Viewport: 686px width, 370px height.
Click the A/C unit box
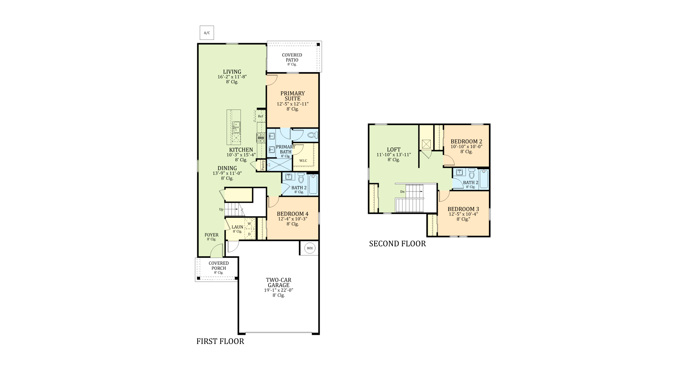pos(207,33)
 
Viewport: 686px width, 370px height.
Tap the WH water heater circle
pos(310,248)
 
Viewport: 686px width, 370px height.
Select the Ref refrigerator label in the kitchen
pos(260,116)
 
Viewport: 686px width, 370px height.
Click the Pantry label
pos(263,165)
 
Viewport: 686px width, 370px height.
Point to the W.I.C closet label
pos(303,160)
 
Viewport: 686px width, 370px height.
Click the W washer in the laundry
pos(249,224)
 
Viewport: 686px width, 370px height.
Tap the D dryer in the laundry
pos(249,234)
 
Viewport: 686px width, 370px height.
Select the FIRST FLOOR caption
pos(220,341)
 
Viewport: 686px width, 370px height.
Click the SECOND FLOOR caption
pos(398,244)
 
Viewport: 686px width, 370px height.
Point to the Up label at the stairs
pos(221,209)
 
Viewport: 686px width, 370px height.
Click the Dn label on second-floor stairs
pos(402,192)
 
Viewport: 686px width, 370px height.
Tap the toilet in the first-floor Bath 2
pos(301,178)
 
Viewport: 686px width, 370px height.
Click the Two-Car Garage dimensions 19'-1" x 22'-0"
pos(279,290)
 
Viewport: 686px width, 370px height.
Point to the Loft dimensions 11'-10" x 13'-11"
pos(394,155)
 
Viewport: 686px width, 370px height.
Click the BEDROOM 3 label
pos(463,209)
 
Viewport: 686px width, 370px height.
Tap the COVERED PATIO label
pos(292,57)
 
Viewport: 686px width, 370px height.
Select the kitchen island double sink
pos(236,127)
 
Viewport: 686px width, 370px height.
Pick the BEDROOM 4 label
pos(293,214)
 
